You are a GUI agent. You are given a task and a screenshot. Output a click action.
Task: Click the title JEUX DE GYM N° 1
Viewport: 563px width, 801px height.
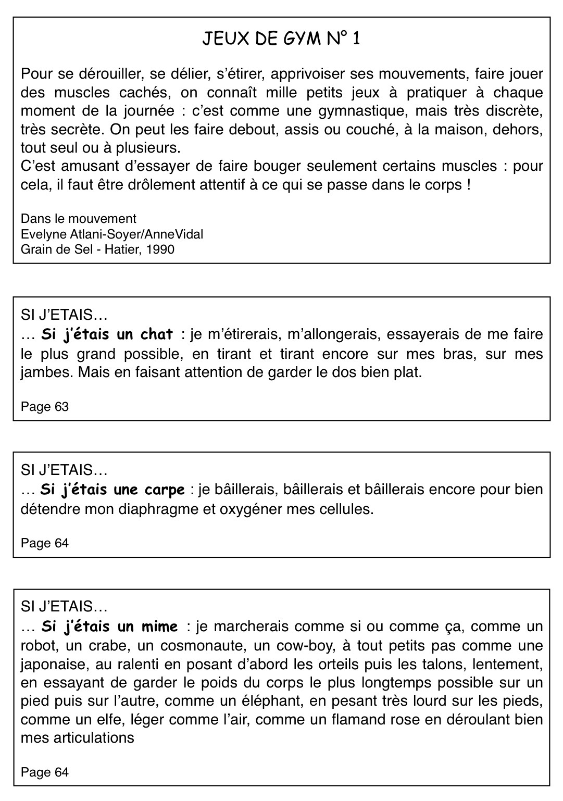281,39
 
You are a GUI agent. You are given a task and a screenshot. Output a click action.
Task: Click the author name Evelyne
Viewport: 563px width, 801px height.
40,234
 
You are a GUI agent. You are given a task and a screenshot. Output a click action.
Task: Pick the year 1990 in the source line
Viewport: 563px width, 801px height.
160,249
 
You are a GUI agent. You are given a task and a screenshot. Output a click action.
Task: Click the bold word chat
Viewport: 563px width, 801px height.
157,334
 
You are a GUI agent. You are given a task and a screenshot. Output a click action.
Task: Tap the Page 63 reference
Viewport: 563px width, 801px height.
45,407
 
